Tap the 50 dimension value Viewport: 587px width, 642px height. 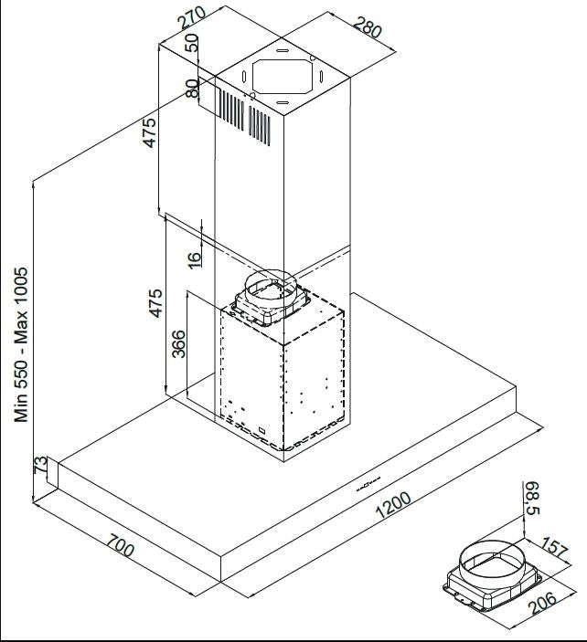tap(191, 44)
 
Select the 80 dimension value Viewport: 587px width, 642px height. tap(191, 88)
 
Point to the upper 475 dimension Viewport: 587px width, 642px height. tap(151, 132)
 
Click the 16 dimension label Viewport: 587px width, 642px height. tap(194, 258)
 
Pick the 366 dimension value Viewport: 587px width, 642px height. tap(179, 344)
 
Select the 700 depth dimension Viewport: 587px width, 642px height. tap(120, 550)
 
